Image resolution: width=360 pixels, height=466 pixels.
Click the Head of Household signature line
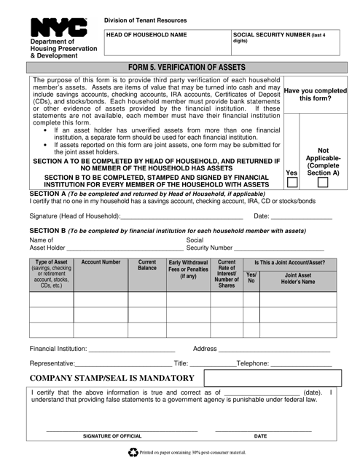pos(181,217)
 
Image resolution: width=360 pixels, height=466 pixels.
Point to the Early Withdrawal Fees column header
pos(188,270)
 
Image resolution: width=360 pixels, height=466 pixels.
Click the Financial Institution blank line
pos(130,349)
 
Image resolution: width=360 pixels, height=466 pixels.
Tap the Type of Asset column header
pos(51,274)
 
